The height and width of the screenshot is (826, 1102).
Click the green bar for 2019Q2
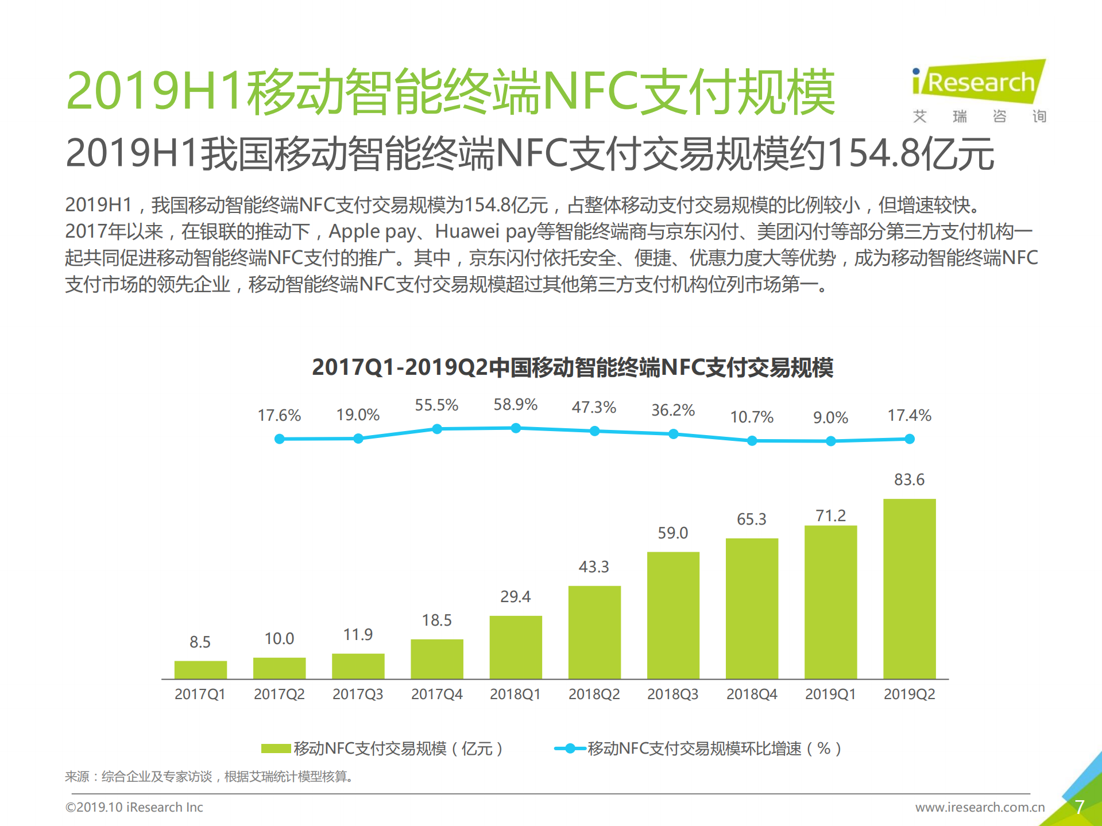coord(909,588)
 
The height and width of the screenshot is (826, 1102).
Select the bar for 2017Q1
coord(200,670)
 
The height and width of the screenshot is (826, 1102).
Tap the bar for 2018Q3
coord(673,615)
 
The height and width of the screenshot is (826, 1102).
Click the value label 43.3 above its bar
coord(594,567)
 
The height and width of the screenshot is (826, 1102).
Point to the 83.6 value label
coord(909,479)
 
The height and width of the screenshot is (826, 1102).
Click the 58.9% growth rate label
coord(515,405)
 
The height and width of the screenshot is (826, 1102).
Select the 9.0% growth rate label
coord(830,417)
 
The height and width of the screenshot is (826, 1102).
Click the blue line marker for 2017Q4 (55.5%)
coord(437,429)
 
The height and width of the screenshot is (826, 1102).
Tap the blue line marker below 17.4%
coord(910,439)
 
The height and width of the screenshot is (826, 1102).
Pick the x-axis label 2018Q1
coord(515,694)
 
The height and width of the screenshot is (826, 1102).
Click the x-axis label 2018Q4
coord(752,694)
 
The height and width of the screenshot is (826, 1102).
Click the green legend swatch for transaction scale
coord(276,748)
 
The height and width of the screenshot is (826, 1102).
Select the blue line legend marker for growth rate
coord(570,748)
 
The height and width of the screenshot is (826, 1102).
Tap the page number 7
coord(1080,807)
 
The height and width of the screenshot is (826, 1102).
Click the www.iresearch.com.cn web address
coord(980,807)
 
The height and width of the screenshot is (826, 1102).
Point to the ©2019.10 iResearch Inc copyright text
coord(134,807)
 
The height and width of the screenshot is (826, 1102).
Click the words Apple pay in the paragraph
coord(372,231)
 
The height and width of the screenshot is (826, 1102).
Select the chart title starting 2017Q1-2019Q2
coord(572,367)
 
